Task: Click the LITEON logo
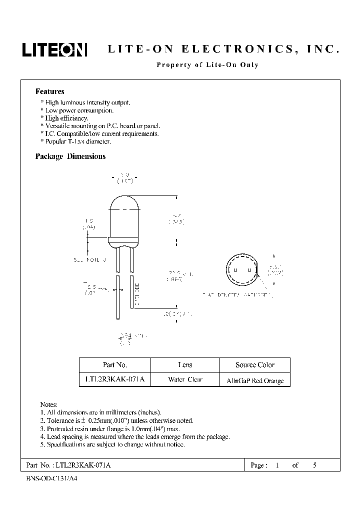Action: click(54, 49)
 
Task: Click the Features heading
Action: click(49, 91)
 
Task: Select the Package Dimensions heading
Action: click(70, 156)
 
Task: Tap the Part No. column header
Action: click(114, 364)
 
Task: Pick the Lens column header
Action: click(185, 364)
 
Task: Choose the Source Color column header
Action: click(255, 364)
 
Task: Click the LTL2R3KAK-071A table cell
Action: click(114, 379)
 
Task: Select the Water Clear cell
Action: click(185, 379)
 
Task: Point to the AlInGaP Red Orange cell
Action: click(255, 380)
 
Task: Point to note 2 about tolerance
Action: click(116, 420)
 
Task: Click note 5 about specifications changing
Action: click(112, 444)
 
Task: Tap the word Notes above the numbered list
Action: click(49, 404)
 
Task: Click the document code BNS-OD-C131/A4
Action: click(51, 478)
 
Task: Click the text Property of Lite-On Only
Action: click(207, 65)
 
